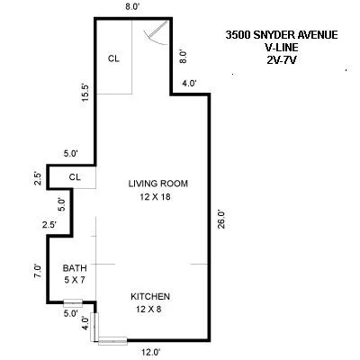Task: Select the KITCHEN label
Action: (150, 297)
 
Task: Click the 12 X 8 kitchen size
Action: (150, 310)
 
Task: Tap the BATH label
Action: (74, 268)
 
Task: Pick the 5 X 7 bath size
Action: (74, 281)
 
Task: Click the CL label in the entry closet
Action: (114, 58)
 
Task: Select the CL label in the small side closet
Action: (75, 176)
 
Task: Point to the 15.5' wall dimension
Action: (82, 92)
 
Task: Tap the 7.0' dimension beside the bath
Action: (37, 270)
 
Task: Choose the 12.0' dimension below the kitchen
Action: (150, 352)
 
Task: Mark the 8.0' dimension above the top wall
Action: (132, 6)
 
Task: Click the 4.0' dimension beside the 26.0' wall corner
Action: (190, 84)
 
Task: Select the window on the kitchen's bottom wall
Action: (113, 340)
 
